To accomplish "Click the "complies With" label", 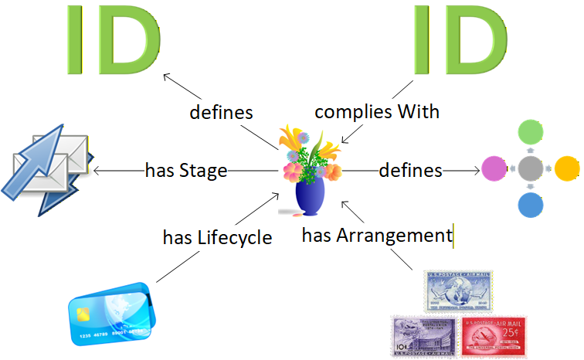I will [x=377, y=111].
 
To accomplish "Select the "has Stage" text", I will [x=186, y=170].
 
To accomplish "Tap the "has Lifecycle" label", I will [x=218, y=237].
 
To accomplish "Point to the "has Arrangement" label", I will [x=376, y=235].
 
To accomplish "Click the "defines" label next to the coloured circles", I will [x=410, y=170].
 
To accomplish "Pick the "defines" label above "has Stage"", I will [x=222, y=112].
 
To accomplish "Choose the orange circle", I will [x=567, y=168].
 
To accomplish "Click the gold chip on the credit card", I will [x=83, y=314].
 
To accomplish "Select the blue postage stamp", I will [x=457, y=290].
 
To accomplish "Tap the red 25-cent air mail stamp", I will [x=493, y=335].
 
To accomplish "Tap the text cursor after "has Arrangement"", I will [x=453, y=235].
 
